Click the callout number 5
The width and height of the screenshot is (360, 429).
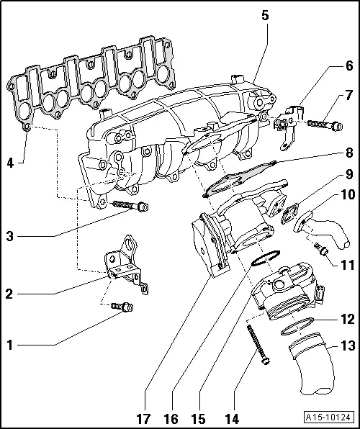point(265,14)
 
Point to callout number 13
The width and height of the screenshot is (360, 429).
point(348,346)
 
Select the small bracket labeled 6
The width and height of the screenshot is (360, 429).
point(287,125)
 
